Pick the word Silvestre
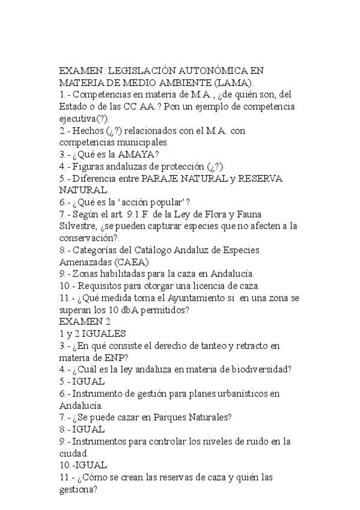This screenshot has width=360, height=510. [80, 226]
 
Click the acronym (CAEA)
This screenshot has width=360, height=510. [131, 262]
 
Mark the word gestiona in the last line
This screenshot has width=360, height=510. [78, 489]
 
